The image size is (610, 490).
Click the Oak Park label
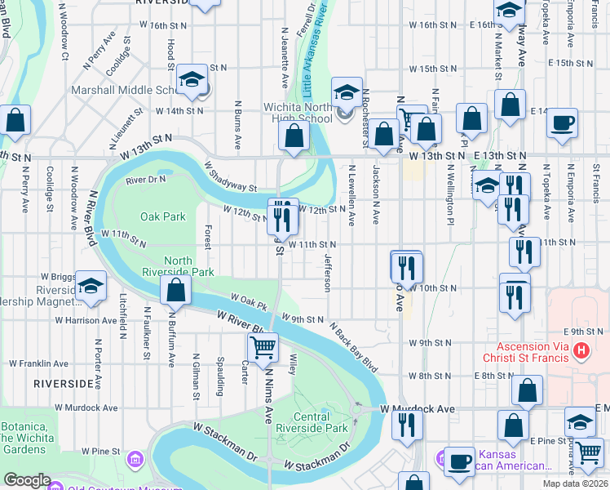pyautogui.click(x=163, y=217)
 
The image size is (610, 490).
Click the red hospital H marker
pyautogui.click(x=581, y=351)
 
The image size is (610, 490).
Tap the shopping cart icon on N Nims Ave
pyautogui.click(x=262, y=347)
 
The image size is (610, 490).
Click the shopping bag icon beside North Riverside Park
pyautogui.click(x=175, y=289)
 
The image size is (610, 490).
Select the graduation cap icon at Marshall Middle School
pyautogui.click(x=193, y=79)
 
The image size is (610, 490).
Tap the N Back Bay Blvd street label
pyautogui.click(x=354, y=344)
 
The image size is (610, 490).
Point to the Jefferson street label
pyautogui.click(x=328, y=273)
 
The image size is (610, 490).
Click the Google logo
pyautogui.click(x=27, y=480)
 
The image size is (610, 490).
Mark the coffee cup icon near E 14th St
pyautogui.click(x=562, y=123)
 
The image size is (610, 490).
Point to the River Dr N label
pyautogui.click(x=145, y=179)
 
